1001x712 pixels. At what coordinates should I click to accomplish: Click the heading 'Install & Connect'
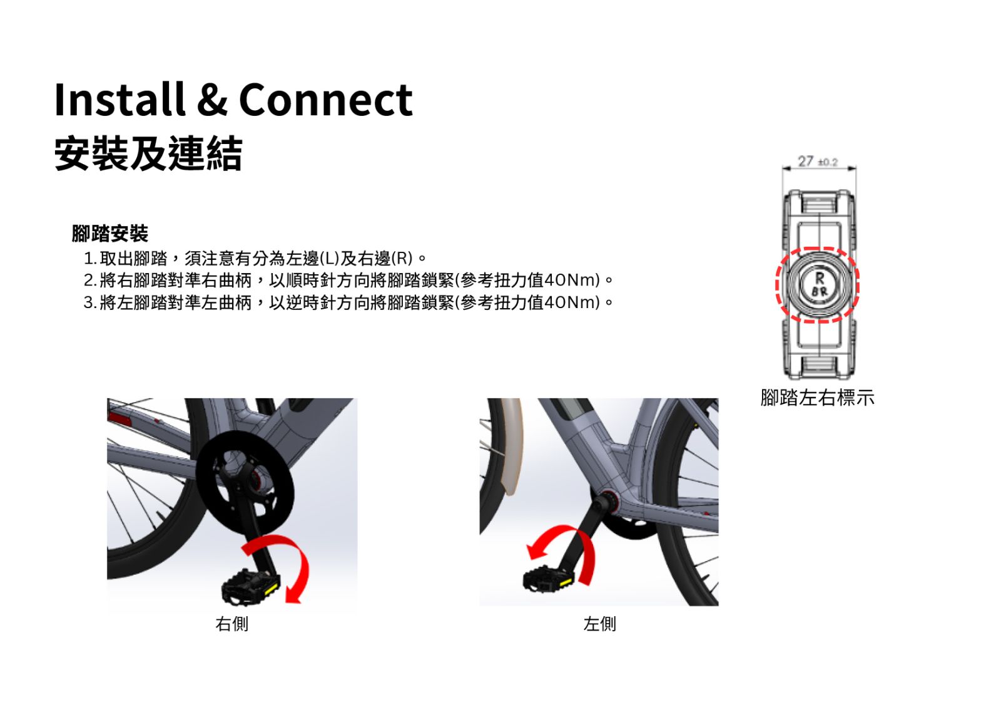233,100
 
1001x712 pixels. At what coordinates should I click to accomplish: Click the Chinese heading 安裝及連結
148,153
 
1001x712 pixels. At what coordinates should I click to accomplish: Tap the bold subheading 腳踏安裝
110,233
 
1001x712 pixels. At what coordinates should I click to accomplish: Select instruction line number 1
255,259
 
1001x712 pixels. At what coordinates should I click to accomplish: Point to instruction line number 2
348,281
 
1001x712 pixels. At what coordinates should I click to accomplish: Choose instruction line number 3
348,303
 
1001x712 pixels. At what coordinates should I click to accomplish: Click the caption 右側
231,624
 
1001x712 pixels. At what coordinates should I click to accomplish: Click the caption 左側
600,624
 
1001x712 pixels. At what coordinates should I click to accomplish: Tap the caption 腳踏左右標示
817,398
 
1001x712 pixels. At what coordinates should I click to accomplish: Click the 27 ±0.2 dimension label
818,162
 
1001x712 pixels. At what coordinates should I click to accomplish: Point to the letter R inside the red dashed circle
820,278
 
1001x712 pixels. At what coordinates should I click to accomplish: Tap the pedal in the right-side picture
251,586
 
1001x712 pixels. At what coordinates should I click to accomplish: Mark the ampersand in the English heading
212,100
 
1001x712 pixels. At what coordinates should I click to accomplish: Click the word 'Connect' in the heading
326,100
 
